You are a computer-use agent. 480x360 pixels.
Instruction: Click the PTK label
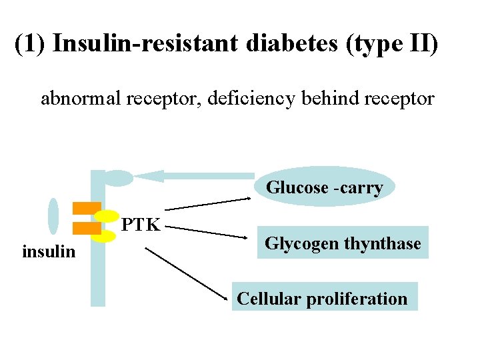(x=142, y=225)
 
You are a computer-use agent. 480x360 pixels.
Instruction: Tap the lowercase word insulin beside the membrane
(x=49, y=252)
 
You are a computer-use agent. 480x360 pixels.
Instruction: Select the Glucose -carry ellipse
(x=325, y=187)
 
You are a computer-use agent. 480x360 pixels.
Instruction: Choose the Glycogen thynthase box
(x=343, y=243)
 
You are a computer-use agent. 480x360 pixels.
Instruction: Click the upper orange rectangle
(x=86, y=207)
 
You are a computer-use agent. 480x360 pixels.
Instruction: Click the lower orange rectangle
(x=86, y=228)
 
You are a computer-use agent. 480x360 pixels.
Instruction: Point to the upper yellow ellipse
(x=106, y=216)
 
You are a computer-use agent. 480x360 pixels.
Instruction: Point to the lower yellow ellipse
(x=104, y=235)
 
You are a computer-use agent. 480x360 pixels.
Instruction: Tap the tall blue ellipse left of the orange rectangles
(x=53, y=217)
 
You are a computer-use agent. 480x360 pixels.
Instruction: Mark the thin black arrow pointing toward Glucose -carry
(x=207, y=204)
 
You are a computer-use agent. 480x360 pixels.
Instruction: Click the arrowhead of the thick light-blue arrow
(x=151, y=176)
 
